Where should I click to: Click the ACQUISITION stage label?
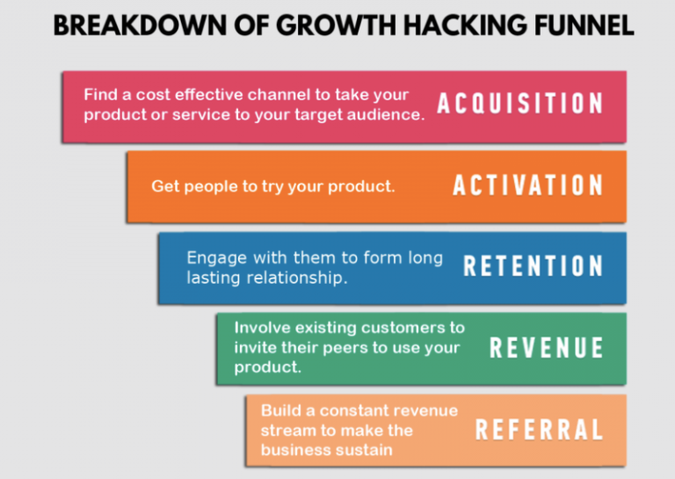[x=520, y=104]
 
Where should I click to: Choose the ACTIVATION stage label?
[x=528, y=185]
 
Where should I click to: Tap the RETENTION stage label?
[x=533, y=266]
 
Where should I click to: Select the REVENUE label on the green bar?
[x=547, y=348]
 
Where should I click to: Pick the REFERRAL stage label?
[x=540, y=430]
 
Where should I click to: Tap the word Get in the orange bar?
[x=164, y=186]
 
